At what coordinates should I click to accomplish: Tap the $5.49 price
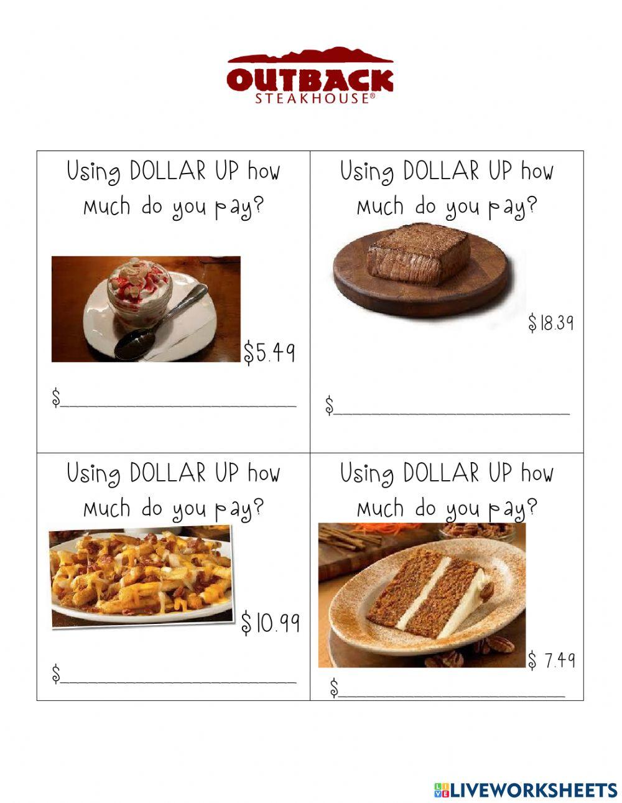click(269, 353)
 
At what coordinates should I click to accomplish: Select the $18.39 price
click(550, 323)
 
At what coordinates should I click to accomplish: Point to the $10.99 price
click(271, 623)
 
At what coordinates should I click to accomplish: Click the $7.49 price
click(552, 660)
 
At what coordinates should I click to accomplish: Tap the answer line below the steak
click(452, 412)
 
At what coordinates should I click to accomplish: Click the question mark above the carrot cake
click(531, 509)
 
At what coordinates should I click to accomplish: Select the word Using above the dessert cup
click(93, 172)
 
